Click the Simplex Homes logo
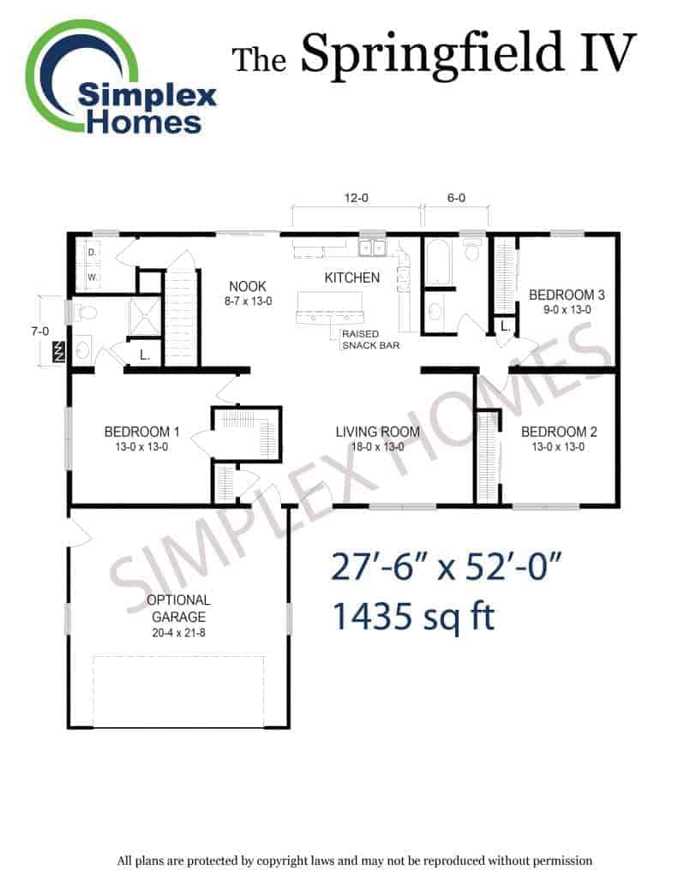pyautogui.click(x=120, y=78)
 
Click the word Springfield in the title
pyautogui.click(x=431, y=55)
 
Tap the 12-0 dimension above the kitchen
pyautogui.click(x=356, y=198)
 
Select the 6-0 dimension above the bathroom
pyautogui.click(x=456, y=198)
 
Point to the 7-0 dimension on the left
pyautogui.click(x=40, y=331)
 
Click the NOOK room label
pyautogui.click(x=248, y=286)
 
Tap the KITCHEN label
pyautogui.click(x=352, y=277)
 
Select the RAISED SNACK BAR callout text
pyautogui.click(x=370, y=339)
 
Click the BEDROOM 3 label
pyautogui.click(x=567, y=295)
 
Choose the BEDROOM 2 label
pyautogui.click(x=559, y=432)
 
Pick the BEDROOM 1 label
pyautogui.click(x=141, y=432)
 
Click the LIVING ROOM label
pyautogui.click(x=378, y=432)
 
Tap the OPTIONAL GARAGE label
pyautogui.click(x=178, y=609)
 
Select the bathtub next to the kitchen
pyautogui.click(x=437, y=262)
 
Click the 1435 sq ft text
pyautogui.click(x=414, y=617)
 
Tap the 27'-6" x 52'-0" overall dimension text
pyautogui.click(x=447, y=567)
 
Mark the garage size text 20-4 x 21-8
pyautogui.click(x=178, y=633)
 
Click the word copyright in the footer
pyautogui.click(x=287, y=861)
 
